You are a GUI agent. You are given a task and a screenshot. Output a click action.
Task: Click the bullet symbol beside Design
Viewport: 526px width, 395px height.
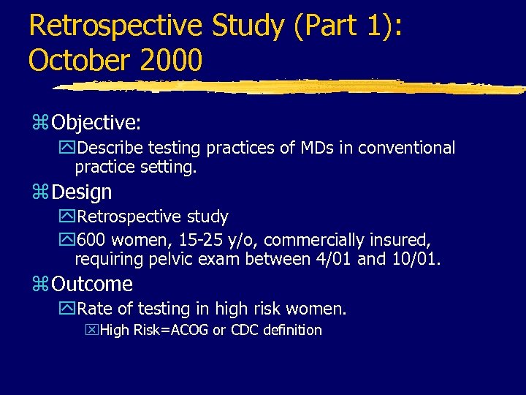coord(41,193)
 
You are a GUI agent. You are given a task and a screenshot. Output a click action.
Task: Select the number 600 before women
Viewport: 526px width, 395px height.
coord(91,240)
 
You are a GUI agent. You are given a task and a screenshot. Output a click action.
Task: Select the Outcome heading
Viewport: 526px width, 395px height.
coord(92,284)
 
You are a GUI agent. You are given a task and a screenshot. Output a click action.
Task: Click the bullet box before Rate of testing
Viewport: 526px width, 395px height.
coord(67,309)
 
